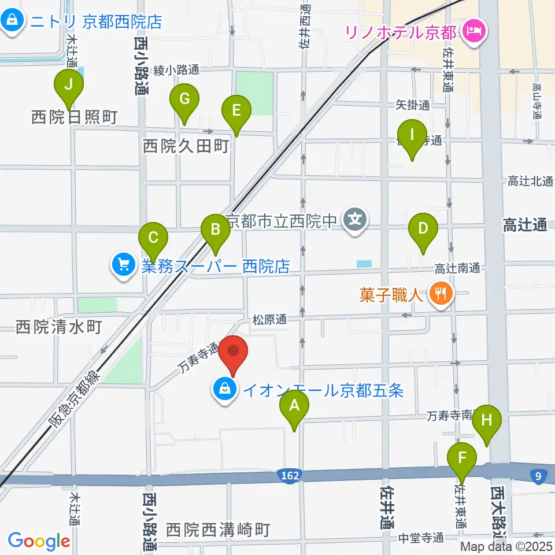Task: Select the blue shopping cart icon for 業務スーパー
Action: point(123,266)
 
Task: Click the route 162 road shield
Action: point(291,475)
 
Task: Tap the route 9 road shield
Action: point(538,475)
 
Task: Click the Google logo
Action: point(39,541)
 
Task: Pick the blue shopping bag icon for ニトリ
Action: point(12,21)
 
